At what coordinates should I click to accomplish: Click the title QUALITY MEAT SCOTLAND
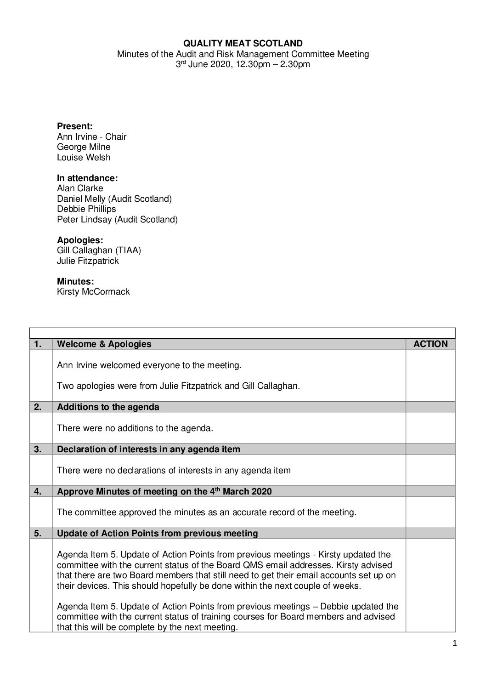pyautogui.click(x=243, y=44)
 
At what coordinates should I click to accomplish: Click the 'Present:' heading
pyautogui.click(x=74, y=126)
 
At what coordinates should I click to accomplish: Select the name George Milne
pyautogui.click(x=84, y=147)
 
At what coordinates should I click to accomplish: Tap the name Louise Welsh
pyautogui.click(x=84, y=158)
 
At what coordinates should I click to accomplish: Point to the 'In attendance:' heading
pyautogui.click(x=87, y=178)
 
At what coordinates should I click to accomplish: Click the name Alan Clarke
pyautogui.click(x=80, y=188)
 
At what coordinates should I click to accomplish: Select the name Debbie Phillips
pyautogui.click(x=86, y=209)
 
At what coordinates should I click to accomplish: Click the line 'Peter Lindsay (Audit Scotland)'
pyautogui.click(x=117, y=220)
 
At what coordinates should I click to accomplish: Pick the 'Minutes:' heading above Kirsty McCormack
pyautogui.click(x=75, y=281)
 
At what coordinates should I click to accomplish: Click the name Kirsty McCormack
pyautogui.click(x=93, y=292)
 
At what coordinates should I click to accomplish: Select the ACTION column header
pyautogui.click(x=430, y=344)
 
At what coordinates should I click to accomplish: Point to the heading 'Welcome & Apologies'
pyautogui.click(x=104, y=344)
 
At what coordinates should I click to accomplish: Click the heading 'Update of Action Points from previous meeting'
pyautogui.click(x=157, y=534)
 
